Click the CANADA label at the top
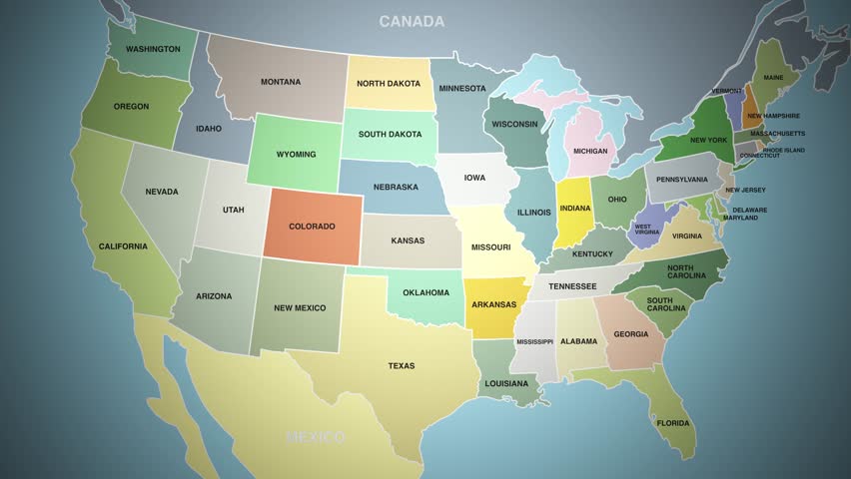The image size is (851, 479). click(412, 21)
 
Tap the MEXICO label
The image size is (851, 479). click(315, 437)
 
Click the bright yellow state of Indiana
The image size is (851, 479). click(573, 212)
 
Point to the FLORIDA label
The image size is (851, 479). click(673, 423)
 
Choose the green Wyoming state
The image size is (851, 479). click(296, 154)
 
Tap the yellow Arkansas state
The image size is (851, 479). click(495, 304)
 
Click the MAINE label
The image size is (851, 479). click(773, 77)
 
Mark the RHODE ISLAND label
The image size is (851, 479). click(783, 150)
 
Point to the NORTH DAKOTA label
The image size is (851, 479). click(390, 84)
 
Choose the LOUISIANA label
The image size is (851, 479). click(507, 383)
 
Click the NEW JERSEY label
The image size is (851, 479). click(745, 190)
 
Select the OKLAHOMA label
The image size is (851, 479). click(425, 292)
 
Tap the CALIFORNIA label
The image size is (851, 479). click(123, 246)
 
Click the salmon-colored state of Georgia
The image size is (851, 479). click(629, 334)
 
